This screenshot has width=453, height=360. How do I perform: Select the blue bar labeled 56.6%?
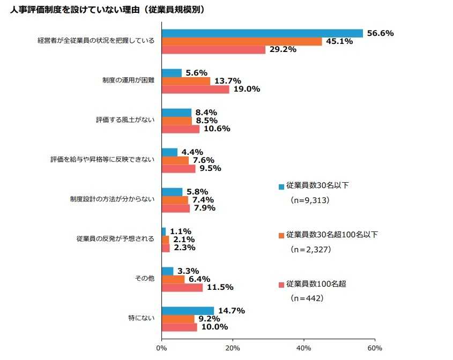pos(262,33)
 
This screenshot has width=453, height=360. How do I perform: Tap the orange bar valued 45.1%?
pos(242,41)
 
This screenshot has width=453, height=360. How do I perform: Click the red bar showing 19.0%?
pos(195,89)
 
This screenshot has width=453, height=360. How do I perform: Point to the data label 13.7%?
pos(228,81)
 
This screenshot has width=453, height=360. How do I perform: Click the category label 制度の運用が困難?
pos(128,81)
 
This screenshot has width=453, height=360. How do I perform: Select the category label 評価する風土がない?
pos(125,121)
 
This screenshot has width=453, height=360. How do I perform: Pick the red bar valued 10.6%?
pos(180,129)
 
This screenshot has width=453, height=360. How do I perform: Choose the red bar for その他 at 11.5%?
pos(182,288)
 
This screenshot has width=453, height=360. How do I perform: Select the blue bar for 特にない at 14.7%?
pos(188,311)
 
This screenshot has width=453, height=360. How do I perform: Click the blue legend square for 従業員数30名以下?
pos(281,187)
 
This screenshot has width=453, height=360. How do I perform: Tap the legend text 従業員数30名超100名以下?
pos(332,235)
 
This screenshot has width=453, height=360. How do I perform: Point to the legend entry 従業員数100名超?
pos(316,283)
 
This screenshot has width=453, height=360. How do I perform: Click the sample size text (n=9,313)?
pos(309,200)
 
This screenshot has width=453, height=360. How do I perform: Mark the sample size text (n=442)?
pos(306,298)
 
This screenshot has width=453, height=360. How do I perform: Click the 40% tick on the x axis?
pos(303,348)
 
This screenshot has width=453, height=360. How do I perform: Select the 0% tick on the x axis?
pos(161,348)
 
